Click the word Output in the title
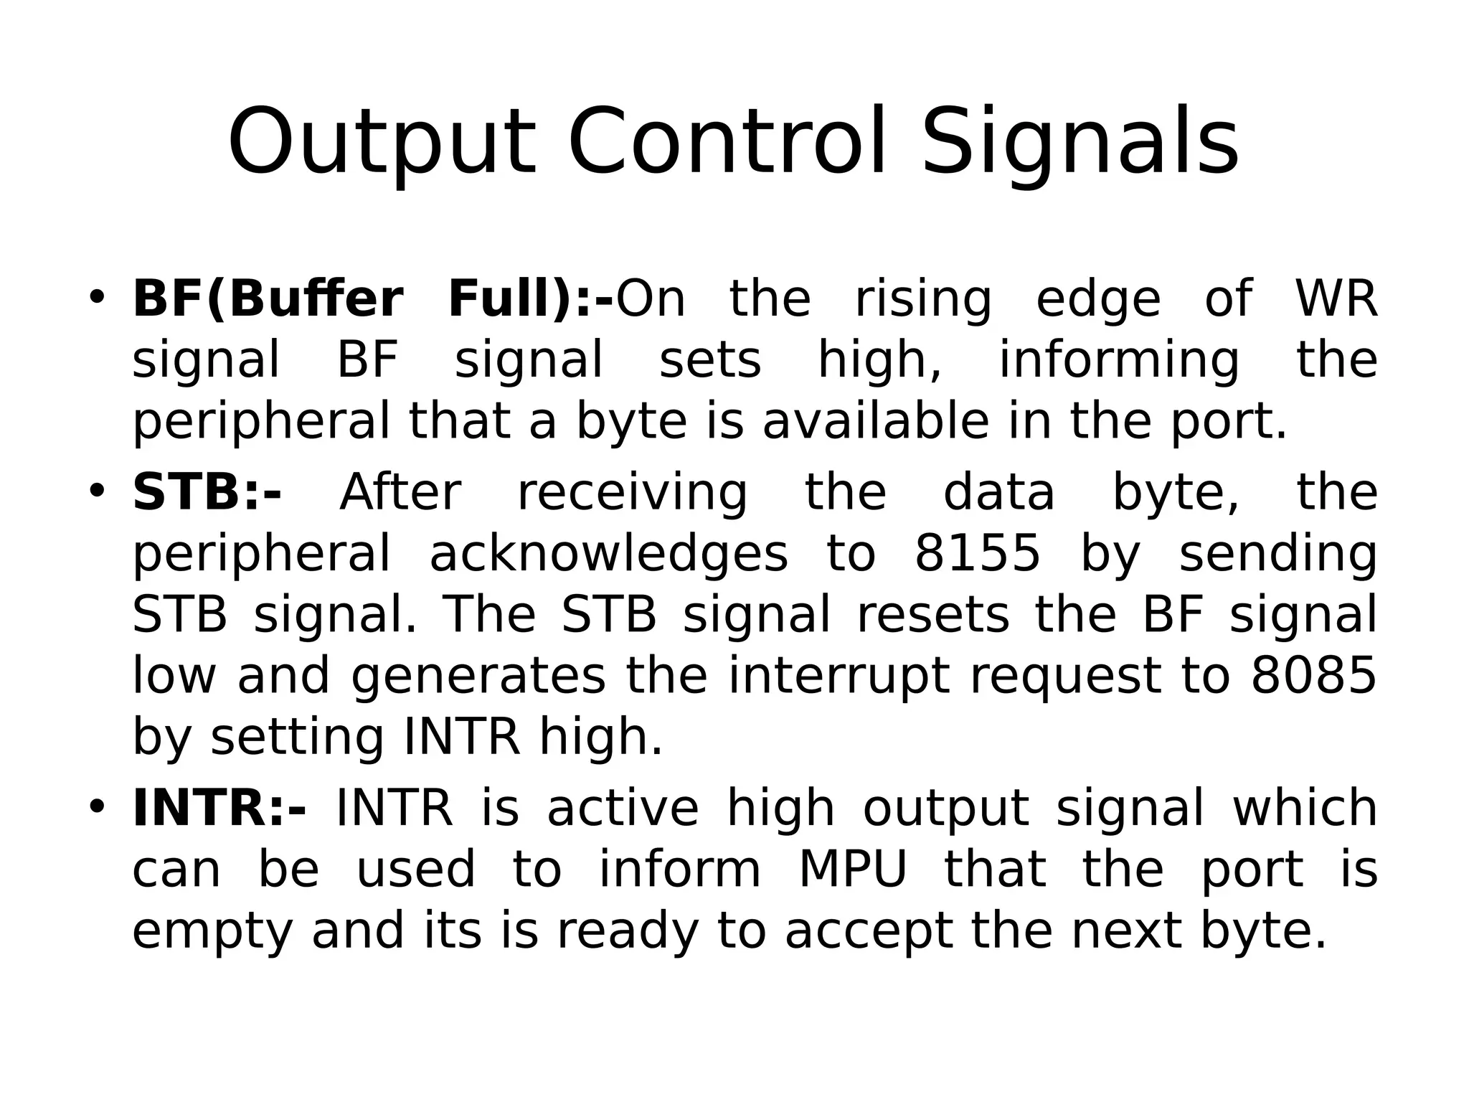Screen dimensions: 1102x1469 coord(382,142)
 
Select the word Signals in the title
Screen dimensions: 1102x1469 coord(1080,142)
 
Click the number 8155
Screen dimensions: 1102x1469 coord(977,554)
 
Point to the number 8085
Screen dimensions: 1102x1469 coord(1314,676)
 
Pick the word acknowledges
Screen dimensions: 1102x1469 coord(608,554)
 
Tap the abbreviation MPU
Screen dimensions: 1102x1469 coord(853,870)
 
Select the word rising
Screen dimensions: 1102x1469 coord(924,300)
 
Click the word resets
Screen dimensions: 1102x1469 coord(933,616)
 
